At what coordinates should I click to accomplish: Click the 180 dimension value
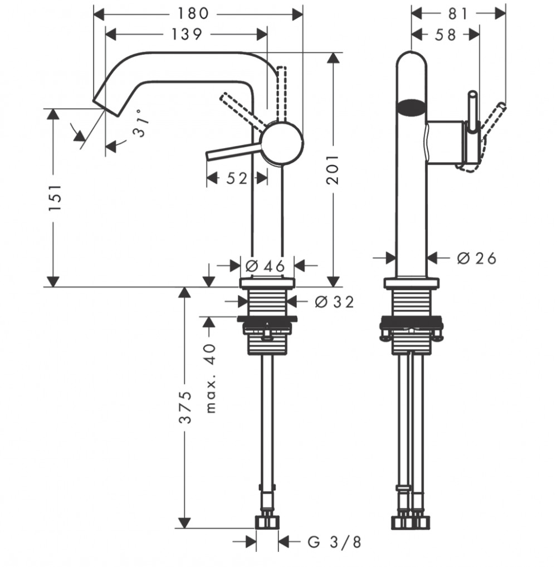pyautogui.click(x=193, y=14)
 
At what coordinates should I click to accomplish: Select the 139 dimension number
pyautogui.click(x=186, y=35)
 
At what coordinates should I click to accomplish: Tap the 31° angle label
pyautogui.click(x=140, y=123)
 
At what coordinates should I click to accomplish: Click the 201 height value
pyautogui.click(x=333, y=169)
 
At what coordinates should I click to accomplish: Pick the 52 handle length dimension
pyautogui.click(x=237, y=178)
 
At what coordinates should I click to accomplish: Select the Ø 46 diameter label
pyautogui.click(x=265, y=266)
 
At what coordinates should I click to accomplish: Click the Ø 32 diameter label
pyautogui.click(x=335, y=302)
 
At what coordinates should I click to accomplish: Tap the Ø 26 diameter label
pyautogui.click(x=477, y=258)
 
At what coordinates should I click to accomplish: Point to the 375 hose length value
pyautogui.click(x=185, y=407)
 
